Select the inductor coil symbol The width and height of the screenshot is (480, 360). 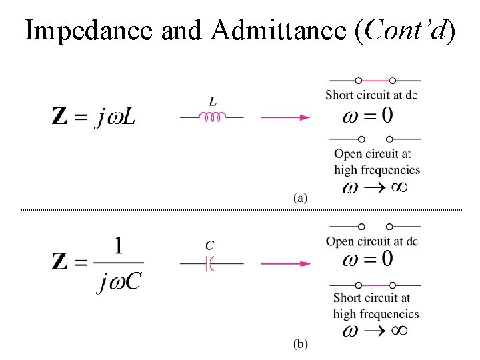pos(213,117)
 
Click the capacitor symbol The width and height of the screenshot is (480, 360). pos(209,263)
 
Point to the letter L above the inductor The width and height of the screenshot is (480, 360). pos(212,102)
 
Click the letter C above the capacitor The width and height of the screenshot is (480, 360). pos(209,245)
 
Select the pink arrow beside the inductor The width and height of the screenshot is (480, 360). pos(285,117)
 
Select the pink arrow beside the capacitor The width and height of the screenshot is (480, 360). pos(285,263)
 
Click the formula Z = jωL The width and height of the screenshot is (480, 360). pos(97,117)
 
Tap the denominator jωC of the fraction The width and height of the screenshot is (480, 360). pos(119,282)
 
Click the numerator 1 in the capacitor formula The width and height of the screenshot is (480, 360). pos(118,246)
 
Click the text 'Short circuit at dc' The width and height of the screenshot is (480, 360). pos(371,95)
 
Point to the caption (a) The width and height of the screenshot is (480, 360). pos(300,197)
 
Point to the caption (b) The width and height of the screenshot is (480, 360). pos(300,344)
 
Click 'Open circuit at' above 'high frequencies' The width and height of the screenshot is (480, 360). pos(373,155)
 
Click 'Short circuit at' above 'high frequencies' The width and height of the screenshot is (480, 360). pos(371,298)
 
